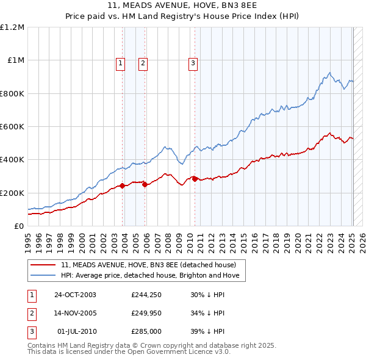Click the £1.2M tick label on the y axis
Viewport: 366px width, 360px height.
pyautogui.click(x=12, y=27)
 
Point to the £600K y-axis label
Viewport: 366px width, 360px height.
pyautogui.click(x=12, y=127)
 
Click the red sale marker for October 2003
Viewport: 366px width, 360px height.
pyautogui.click(x=123, y=185)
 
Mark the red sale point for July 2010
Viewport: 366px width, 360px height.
pyautogui.click(x=195, y=179)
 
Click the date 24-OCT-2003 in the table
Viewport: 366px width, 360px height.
pyautogui.click(x=75, y=295)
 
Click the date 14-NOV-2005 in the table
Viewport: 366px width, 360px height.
pyautogui.click(x=75, y=313)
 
